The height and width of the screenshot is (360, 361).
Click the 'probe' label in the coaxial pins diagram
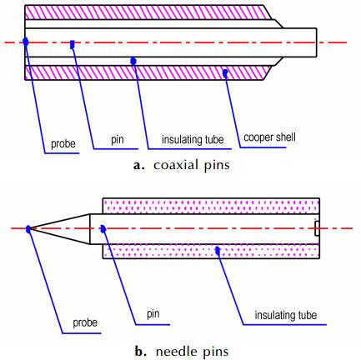[63, 144]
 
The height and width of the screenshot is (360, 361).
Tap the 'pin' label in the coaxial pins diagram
[118, 140]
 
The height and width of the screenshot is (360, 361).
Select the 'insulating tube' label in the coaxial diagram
[193, 139]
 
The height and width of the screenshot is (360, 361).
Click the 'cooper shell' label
[269, 137]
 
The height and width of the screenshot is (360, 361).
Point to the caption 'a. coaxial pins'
[182, 165]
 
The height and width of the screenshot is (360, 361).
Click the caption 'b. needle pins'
[182, 352]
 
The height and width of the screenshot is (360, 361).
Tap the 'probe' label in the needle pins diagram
[85, 322]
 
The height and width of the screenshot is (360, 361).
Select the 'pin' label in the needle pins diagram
[153, 314]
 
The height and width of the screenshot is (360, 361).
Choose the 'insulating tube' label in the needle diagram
[286, 315]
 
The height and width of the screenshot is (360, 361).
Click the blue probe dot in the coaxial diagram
[26, 42]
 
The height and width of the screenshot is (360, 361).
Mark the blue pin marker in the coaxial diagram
[73, 44]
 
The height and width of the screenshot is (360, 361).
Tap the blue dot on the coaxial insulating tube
[133, 61]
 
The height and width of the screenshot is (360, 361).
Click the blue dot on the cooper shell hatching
[225, 73]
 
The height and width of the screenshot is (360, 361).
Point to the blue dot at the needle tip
[28, 229]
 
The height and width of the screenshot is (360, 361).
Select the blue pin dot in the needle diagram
[103, 229]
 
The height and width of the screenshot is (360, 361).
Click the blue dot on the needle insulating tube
[218, 251]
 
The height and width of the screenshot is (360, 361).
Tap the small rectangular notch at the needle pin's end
[317, 228]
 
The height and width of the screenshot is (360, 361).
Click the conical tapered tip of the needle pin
[60, 229]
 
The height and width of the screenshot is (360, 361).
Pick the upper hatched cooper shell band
[148, 12]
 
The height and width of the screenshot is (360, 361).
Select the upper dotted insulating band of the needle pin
[211, 206]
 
